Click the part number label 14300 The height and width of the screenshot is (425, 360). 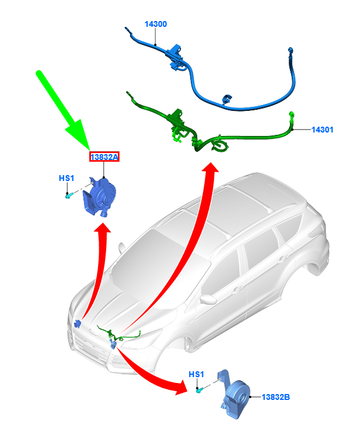156,24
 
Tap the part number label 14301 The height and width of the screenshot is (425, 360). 322,130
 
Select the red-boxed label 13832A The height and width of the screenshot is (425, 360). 104,156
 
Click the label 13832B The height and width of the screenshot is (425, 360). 276,397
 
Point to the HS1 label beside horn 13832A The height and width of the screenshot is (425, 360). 67,178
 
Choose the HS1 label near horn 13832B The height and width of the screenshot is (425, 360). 196,374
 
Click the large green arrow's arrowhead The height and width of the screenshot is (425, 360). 79,135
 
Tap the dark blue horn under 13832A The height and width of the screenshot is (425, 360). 100,196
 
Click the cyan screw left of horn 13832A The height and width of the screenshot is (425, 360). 69,195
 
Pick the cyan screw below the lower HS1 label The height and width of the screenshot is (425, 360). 200,391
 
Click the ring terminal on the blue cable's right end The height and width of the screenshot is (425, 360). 291,50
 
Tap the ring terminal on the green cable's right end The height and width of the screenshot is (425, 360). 292,114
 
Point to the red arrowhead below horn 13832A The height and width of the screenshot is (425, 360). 102,228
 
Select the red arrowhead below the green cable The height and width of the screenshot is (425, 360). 211,167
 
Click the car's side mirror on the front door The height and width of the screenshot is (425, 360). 208,299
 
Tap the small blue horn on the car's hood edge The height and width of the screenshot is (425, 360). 78,323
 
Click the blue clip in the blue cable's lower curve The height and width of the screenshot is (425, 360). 227,99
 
